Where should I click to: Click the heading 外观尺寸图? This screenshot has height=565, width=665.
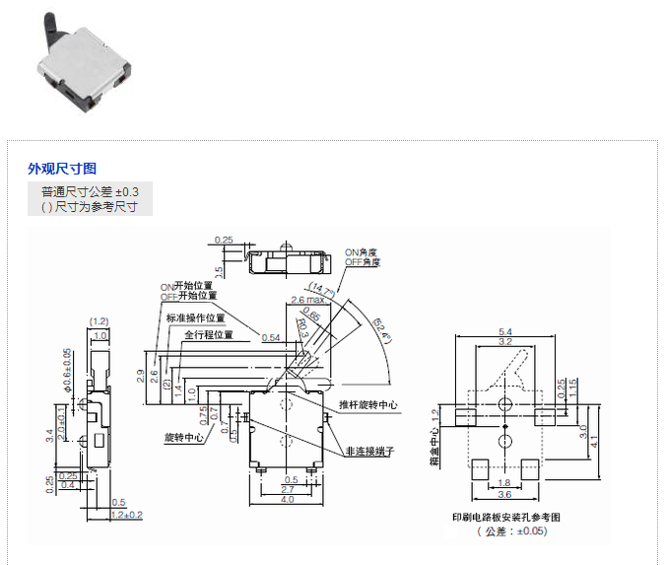(62, 169)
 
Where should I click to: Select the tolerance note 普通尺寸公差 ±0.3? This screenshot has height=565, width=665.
(90, 190)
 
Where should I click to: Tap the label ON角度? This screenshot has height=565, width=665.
(361, 251)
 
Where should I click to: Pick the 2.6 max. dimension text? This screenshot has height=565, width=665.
(307, 298)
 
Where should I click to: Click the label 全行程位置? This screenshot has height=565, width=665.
(208, 334)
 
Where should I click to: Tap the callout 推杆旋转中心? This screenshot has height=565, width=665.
(368, 404)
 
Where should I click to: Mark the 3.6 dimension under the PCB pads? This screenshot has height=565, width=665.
(503, 494)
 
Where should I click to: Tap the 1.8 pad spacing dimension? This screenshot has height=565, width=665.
(503, 482)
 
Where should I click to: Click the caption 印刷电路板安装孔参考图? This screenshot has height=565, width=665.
(505, 517)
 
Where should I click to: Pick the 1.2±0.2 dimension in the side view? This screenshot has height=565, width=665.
(127, 515)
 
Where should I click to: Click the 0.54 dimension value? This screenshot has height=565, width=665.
(271, 338)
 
